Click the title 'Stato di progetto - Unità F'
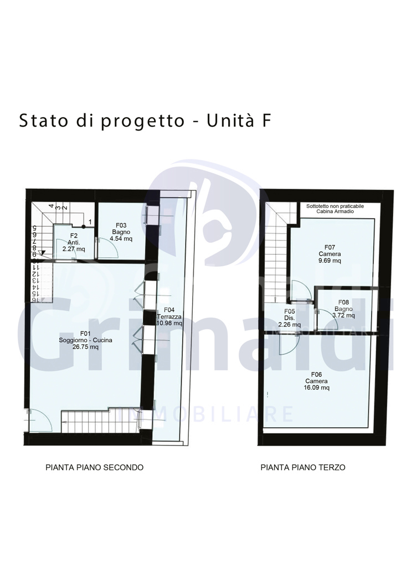click(x=145, y=121)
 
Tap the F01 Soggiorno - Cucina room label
click(x=85, y=340)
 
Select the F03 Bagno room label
click(x=121, y=232)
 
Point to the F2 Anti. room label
click(x=74, y=242)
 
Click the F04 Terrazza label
click(x=169, y=317)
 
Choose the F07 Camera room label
click(x=330, y=254)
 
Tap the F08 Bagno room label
click(x=343, y=309)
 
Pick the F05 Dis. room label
click(x=289, y=318)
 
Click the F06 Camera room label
click(x=316, y=381)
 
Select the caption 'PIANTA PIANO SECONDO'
click(x=94, y=467)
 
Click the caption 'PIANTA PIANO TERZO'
click(x=302, y=467)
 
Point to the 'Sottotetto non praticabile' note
click(x=335, y=206)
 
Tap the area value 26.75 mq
click(x=85, y=347)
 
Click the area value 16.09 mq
click(x=316, y=387)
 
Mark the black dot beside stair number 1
click(x=84, y=226)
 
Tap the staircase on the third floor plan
click(x=276, y=252)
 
